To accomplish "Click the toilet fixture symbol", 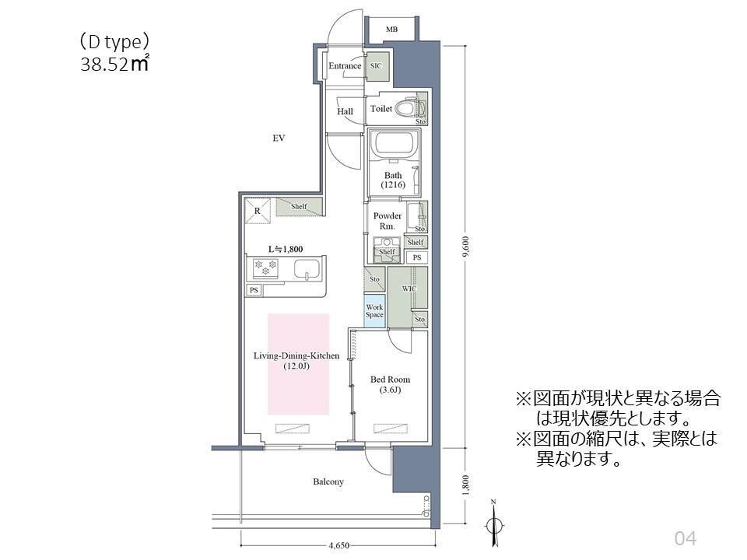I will click(405, 108).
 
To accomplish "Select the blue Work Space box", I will click(374, 311).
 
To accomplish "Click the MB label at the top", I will click(391, 30).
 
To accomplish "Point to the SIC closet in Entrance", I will click(377, 66).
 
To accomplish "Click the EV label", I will click(279, 138).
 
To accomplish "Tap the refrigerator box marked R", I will click(258, 210).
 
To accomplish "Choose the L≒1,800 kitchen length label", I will click(285, 249).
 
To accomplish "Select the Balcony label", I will click(328, 482).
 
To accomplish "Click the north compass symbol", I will click(493, 523).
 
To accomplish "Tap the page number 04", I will click(685, 537).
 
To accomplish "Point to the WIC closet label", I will click(409, 289).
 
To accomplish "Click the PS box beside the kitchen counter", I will click(254, 290).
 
